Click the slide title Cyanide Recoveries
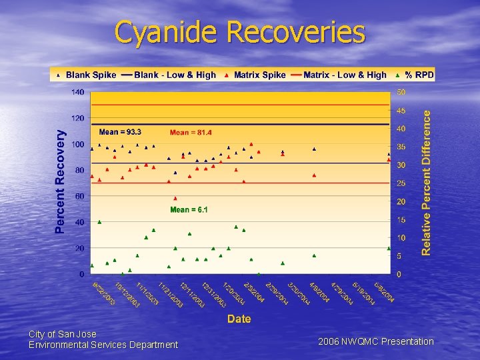click(x=240, y=32)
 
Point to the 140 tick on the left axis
click(x=77, y=92)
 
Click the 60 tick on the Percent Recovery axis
click(x=79, y=196)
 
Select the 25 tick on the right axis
click(x=401, y=183)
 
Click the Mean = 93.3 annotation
click(x=120, y=132)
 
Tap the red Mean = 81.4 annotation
click(x=191, y=133)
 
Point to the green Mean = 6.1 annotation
click(x=189, y=210)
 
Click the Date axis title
click(x=239, y=319)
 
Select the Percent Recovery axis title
click(x=61, y=181)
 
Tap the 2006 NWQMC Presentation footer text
click(x=375, y=341)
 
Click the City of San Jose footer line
click(x=63, y=334)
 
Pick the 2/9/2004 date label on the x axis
click(x=254, y=292)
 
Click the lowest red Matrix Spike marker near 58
click(x=175, y=198)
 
